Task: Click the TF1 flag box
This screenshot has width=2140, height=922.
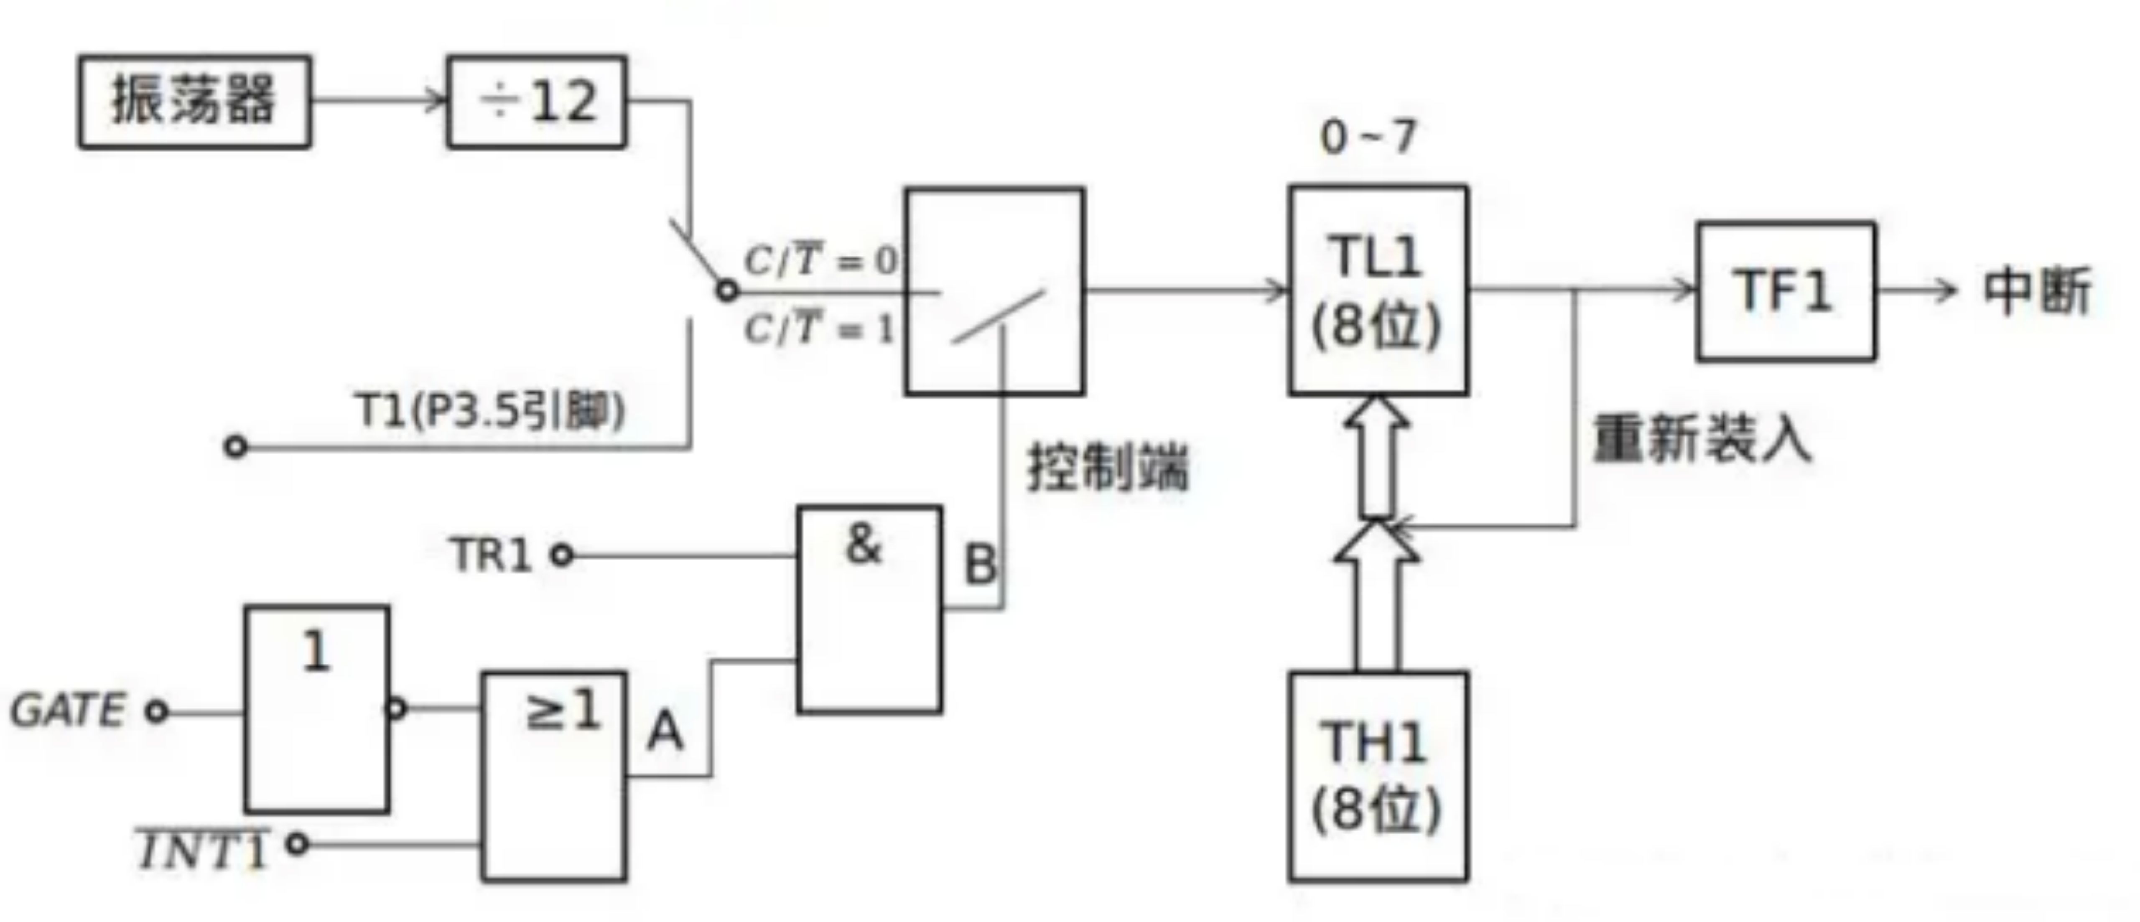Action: (1784, 291)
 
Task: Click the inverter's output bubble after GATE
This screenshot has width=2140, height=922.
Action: (397, 708)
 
